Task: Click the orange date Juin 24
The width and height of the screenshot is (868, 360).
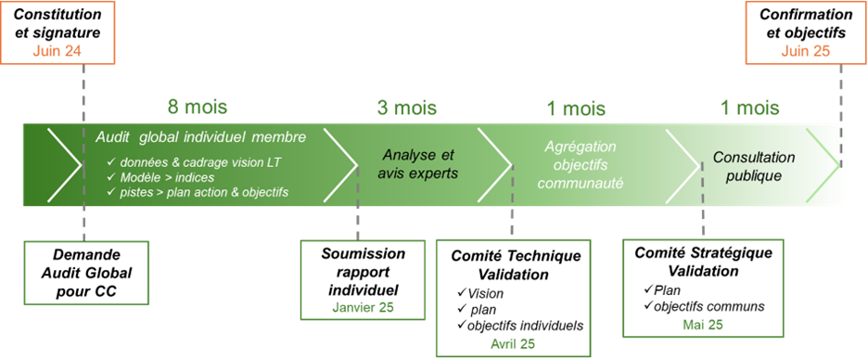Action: (x=57, y=51)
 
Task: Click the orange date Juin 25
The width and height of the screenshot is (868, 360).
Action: (x=806, y=51)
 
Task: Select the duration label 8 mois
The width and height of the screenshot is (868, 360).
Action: (x=197, y=107)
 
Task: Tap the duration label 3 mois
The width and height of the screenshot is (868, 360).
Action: (x=407, y=107)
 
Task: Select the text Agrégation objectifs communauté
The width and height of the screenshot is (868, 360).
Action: (x=581, y=164)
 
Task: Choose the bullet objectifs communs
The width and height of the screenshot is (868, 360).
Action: (x=712, y=306)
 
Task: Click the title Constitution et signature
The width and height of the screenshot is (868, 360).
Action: (x=57, y=23)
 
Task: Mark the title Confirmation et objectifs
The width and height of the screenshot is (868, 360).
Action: (x=805, y=23)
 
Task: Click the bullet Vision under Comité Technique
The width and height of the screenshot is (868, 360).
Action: (x=491, y=293)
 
